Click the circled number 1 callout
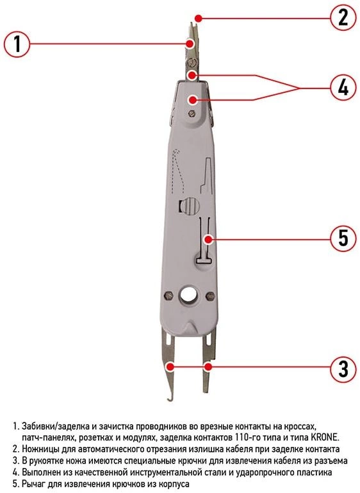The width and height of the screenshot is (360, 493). [x=17, y=44]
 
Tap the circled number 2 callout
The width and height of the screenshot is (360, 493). [x=343, y=17]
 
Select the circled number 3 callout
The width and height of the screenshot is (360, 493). [x=343, y=369]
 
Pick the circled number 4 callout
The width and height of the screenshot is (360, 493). [x=343, y=87]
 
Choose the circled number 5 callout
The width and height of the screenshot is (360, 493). [x=343, y=238]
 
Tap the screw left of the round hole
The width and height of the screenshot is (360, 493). [x=169, y=296]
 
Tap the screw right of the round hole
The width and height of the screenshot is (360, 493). [x=210, y=296]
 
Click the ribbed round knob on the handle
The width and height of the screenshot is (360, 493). [x=190, y=206]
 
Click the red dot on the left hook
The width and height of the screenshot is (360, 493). [x=170, y=366]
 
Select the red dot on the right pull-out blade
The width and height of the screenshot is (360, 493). [x=208, y=366]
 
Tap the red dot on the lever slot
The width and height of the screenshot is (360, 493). [x=208, y=239]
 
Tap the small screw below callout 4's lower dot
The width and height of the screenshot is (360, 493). [x=190, y=113]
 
